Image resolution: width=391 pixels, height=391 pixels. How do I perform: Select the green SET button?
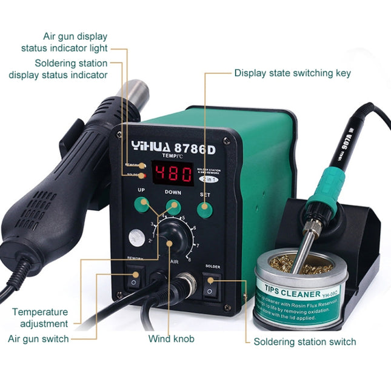point(204,210)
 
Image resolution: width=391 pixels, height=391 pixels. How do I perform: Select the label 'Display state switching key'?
point(292,73)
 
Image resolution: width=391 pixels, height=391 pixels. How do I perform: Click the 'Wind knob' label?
point(172,339)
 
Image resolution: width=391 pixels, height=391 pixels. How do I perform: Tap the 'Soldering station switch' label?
point(304,342)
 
